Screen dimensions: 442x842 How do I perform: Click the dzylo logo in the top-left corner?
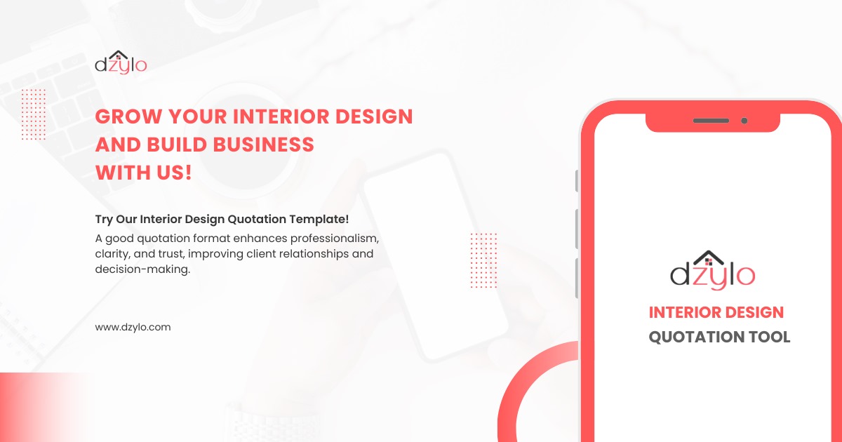[121, 62]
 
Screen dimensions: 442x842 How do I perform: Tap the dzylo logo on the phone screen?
[712, 271]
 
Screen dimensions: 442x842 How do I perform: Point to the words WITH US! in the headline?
[143, 172]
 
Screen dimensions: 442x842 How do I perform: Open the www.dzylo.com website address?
[133, 327]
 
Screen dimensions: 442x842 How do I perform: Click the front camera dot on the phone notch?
[744, 121]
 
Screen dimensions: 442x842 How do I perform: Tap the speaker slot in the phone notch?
[711, 121]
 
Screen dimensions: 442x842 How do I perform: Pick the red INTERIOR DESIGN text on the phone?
[716, 312]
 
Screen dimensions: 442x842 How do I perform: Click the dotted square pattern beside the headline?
[34, 114]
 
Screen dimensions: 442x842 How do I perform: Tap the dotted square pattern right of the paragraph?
[483, 260]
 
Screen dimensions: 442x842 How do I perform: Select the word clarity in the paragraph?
[111, 253]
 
